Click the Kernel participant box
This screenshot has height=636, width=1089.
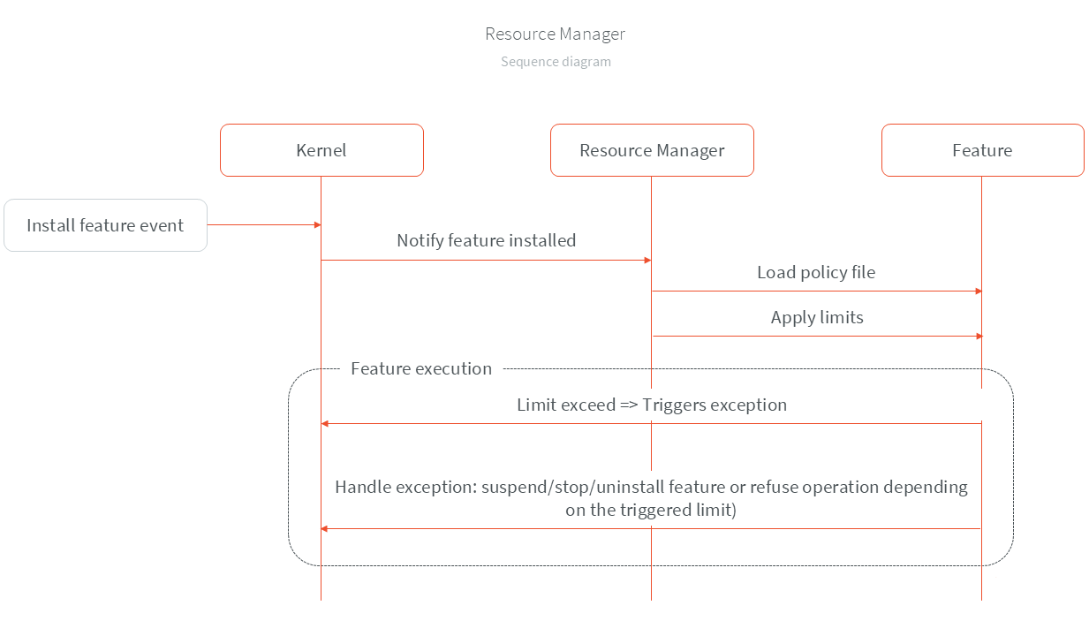(x=321, y=150)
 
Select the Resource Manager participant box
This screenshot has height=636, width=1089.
(x=652, y=150)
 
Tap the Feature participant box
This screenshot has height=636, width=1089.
(x=982, y=150)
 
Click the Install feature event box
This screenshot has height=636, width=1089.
(x=105, y=225)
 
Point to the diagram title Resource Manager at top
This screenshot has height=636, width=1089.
(x=555, y=34)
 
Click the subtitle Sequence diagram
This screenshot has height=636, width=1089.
(x=556, y=62)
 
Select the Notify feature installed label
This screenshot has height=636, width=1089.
(x=486, y=240)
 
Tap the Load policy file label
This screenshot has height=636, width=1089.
(x=816, y=272)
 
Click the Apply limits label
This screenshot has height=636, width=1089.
(x=817, y=317)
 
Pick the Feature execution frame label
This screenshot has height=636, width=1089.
(x=421, y=368)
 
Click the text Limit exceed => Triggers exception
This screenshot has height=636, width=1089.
(x=652, y=405)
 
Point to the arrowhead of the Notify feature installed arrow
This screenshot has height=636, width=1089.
(x=647, y=260)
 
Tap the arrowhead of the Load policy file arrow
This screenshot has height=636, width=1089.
(x=978, y=291)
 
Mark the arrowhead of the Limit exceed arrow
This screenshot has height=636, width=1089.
(x=325, y=424)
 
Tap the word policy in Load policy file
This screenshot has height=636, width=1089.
(x=823, y=272)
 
